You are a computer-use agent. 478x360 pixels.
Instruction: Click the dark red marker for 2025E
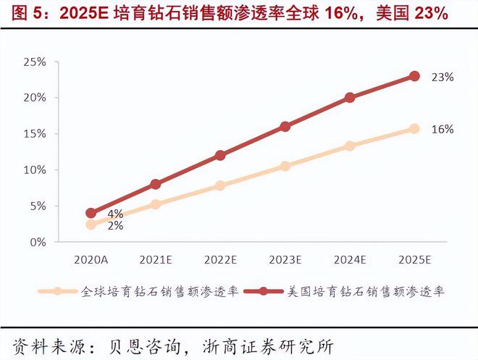(x=414, y=76)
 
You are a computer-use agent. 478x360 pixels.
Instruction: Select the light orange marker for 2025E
(x=414, y=128)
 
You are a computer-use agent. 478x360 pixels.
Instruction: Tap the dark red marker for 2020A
(x=91, y=213)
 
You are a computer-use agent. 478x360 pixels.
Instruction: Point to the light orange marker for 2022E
(x=220, y=185)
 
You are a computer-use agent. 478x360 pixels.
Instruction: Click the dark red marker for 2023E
(x=285, y=126)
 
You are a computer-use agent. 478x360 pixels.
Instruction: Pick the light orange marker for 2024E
(x=350, y=146)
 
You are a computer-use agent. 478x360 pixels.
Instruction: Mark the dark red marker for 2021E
(x=155, y=184)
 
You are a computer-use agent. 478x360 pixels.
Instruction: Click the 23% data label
(x=443, y=77)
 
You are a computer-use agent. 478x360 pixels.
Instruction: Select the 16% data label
(x=443, y=129)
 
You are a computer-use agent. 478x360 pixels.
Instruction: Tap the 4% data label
(x=115, y=214)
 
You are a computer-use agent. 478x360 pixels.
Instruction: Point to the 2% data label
(x=115, y=225)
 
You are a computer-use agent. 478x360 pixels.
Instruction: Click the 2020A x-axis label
(x=91, y=259)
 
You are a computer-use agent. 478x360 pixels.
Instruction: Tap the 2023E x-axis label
(x=285, y=259)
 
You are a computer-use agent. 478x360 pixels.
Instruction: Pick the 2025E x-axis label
(x=414, y=259)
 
